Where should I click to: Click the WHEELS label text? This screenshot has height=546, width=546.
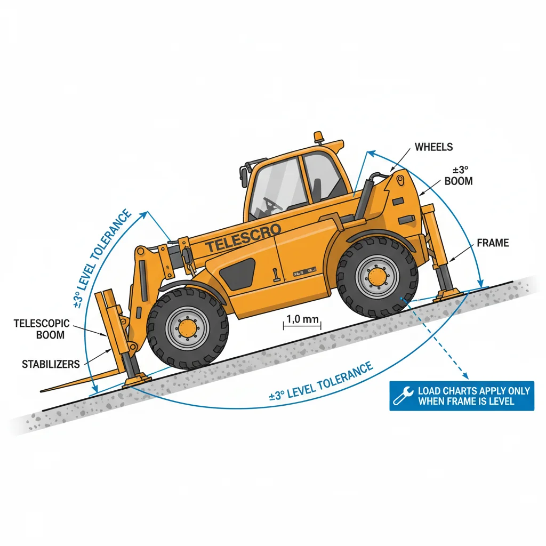[x=433, y=147]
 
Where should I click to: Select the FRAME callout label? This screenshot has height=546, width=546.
[x=492, y=243]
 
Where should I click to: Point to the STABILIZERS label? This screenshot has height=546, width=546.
[x=51, y=365]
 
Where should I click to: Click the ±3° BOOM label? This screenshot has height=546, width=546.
[x=458, y=176]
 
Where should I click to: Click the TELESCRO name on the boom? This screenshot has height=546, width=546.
[x=243, y=239]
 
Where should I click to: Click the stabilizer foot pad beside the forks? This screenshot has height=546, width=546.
[x=136, y=380]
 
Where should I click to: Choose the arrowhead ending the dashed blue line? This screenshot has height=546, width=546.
[x=464, y=375]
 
